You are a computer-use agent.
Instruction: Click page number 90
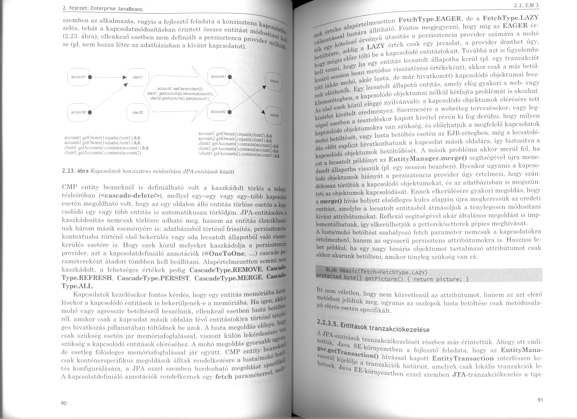64,403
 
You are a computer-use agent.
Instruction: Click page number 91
540,400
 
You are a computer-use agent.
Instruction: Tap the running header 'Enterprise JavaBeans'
117,9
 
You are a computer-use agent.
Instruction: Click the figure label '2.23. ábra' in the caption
75,171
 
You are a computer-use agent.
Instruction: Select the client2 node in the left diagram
137,112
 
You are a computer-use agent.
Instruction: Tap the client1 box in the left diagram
137,77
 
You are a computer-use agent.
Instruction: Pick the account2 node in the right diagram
219,112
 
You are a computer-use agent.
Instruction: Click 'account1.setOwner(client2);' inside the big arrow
180,89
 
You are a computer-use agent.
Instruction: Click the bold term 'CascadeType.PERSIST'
153,278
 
